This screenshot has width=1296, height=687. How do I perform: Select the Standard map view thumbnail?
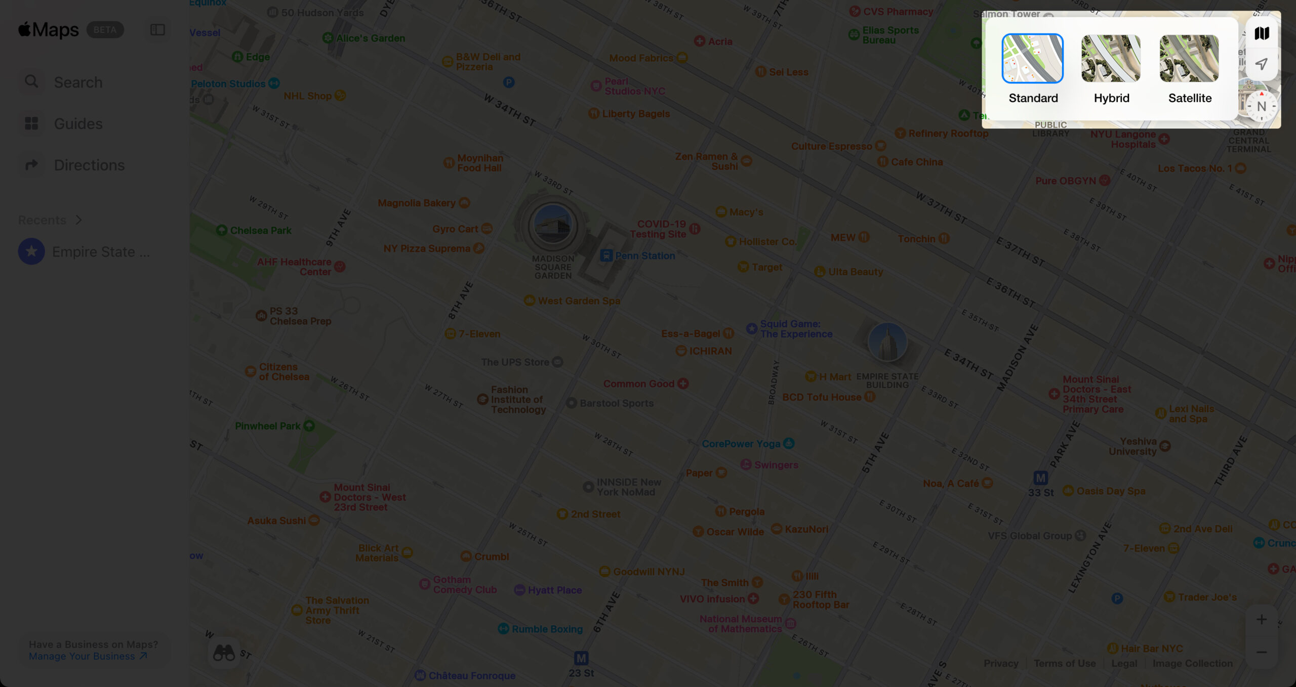(x=1032, y=59)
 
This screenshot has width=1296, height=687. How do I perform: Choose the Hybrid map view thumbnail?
(x=1111, y=59)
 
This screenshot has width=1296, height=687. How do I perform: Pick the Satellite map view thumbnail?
(x=1189, y=59)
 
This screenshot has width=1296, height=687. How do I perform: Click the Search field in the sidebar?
(x=78, y=82)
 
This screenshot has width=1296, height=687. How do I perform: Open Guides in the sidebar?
(x=78, y=123)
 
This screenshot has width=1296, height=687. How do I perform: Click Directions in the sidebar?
(x=89, y=165)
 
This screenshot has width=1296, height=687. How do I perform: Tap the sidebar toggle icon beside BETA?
(x=157, y=30)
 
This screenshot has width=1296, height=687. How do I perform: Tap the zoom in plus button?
(x=1261, y=620)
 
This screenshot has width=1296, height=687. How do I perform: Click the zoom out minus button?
(x=1261, y=652)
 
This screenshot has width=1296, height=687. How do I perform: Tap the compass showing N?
(x=1261, y=106)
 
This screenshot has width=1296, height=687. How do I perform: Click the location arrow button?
(x=1261, y=64)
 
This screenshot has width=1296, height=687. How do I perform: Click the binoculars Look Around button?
(x=224, y=653)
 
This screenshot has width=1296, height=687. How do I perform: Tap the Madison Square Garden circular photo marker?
(x=552, y=226)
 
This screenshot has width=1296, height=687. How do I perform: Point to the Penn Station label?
(x=644, y=255)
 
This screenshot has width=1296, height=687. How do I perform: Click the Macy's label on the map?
(x=746, y=212)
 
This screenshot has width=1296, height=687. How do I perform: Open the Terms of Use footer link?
(x=1064, y=663)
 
